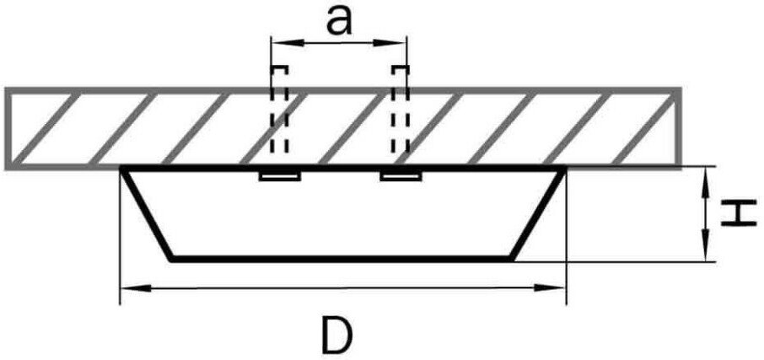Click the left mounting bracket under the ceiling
(x=280, y=176)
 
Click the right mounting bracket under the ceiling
(x=401, y=176)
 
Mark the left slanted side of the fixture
(x=148, y=214)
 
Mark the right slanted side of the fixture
(x=537, y=214)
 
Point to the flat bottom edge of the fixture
(x=342, y=258)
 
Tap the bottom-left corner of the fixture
(x=173, y=258)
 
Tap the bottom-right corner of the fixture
(x=512, y=258)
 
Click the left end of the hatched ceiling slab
(x=8, y=127)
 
